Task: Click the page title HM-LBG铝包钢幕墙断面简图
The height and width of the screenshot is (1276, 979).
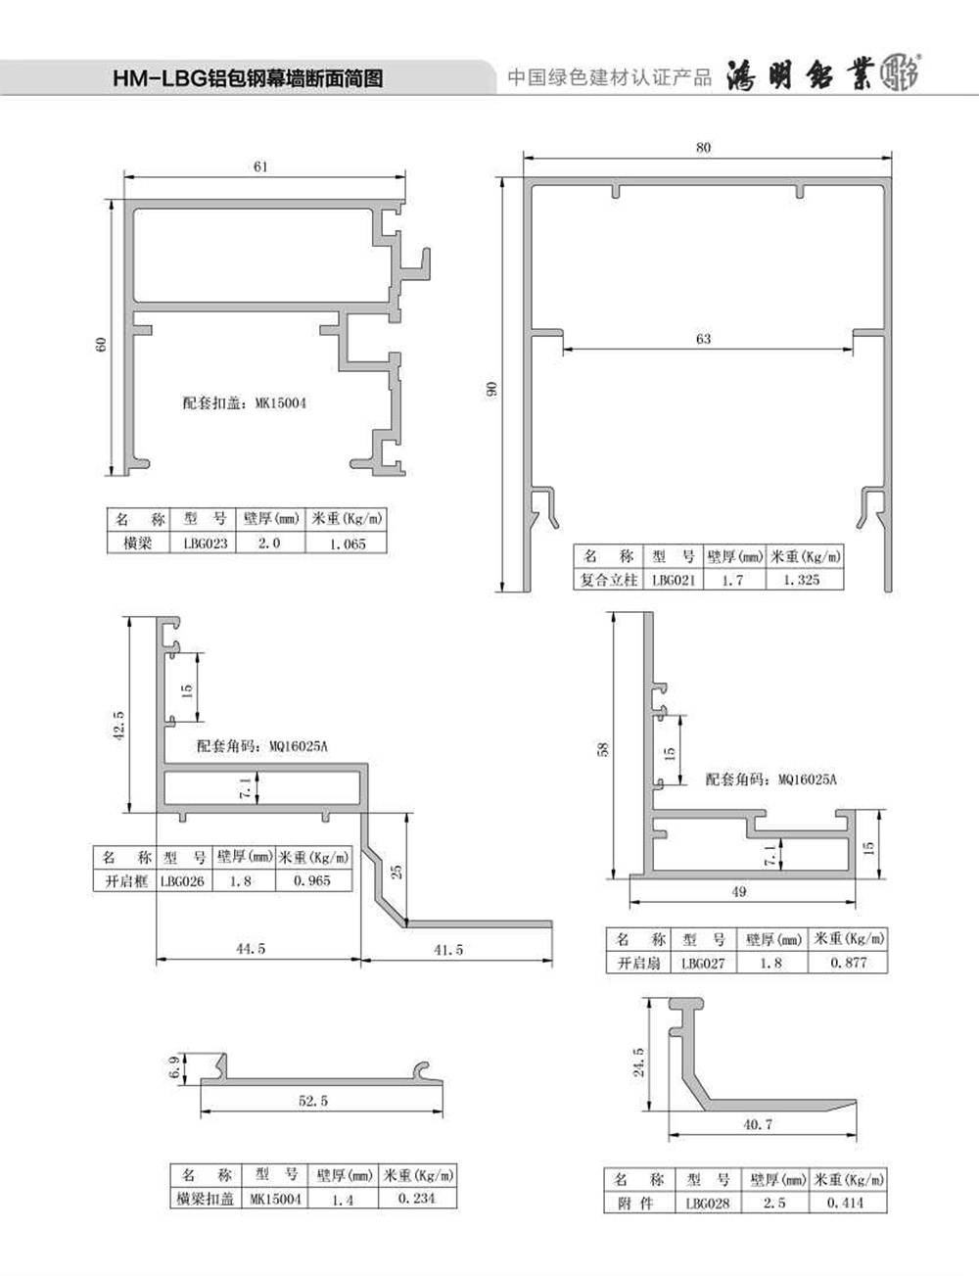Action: [248, 78]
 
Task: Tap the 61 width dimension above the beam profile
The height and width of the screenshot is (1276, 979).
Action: [260, 166]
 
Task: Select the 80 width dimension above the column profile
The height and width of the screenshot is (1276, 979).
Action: [703, 148]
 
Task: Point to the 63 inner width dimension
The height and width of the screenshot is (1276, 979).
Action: [703, 338]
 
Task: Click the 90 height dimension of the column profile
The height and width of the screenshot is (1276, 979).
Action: [491, 388]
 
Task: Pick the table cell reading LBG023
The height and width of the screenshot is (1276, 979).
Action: [206, 543]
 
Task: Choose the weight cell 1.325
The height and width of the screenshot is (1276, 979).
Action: [802, 580]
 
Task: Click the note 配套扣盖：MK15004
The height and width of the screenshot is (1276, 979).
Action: [244, 402]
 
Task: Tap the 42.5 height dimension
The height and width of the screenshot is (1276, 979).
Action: [119, 726]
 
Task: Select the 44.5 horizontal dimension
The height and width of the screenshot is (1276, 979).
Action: [251, 948]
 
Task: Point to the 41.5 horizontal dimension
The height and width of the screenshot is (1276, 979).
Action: [448, 950]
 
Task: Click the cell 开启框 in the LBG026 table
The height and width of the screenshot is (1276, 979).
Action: [125, 881]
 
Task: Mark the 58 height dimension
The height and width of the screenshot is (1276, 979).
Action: [603, 749]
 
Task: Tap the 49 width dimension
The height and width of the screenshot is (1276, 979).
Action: [739, 891]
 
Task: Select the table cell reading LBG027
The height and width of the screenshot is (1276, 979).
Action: [703, 964]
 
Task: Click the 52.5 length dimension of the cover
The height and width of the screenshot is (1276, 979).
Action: [313, 1101]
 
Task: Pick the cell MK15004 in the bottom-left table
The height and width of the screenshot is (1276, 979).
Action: [276, 1199]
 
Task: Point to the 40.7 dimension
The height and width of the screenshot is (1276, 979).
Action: [758, 1124]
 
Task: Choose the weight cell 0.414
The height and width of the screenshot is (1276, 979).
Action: [845, 1202]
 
